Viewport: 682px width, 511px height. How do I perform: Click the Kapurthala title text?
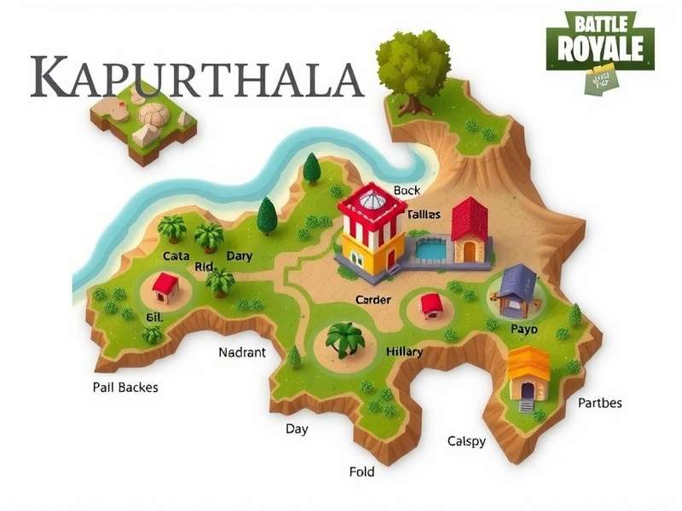[197, 78]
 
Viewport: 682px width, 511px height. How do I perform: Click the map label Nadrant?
[242, 352]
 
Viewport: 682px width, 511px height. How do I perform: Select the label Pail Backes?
[124, 387]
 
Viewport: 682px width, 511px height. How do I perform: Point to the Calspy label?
[466, 441]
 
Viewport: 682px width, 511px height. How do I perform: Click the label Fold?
[361, 472]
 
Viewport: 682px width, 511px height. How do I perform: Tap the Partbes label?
[600, 402]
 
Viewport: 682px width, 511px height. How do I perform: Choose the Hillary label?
[404, 351]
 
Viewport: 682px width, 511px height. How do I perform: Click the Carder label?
[373, 299]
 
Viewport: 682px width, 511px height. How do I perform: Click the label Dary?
[239, 255]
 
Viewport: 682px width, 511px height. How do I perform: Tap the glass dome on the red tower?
[371, 200]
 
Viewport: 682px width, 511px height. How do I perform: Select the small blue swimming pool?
[431, 250]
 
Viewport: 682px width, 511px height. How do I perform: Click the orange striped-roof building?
[529, 372]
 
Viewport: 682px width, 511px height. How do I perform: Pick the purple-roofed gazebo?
[517, 290]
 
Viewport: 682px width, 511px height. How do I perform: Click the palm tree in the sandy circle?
[345, 340]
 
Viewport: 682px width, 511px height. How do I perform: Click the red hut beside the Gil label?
[165, 288]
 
